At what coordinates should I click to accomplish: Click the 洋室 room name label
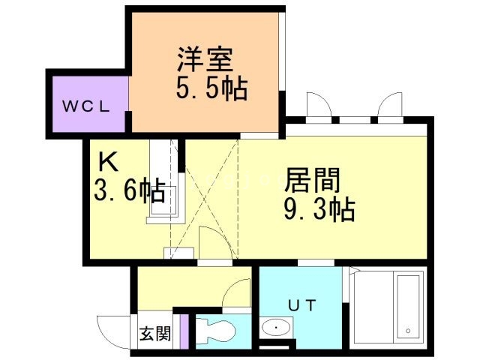click(205, 58)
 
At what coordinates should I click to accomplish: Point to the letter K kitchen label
click(106, 161)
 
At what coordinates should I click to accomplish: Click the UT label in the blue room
click(301, 304)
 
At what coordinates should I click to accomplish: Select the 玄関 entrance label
click(154, 333)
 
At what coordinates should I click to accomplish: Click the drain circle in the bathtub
click(407, 330)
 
